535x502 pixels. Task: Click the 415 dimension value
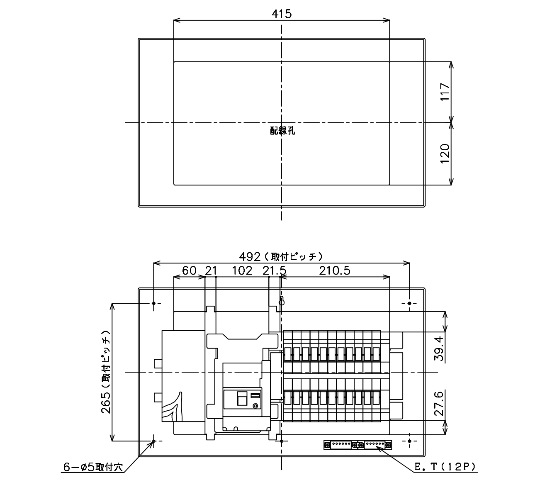(282, 14)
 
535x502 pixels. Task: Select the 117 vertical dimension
(445, 92)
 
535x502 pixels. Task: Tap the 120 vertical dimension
(445, 154)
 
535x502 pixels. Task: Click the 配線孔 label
(282, 131)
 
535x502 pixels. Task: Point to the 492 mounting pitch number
(250, 257)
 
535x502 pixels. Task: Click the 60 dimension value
(190, 270)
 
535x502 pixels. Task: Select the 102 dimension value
(242, 270)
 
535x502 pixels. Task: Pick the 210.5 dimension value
(335, 270)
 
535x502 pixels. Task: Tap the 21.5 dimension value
(275, 270)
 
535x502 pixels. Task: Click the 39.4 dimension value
(439, 348)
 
